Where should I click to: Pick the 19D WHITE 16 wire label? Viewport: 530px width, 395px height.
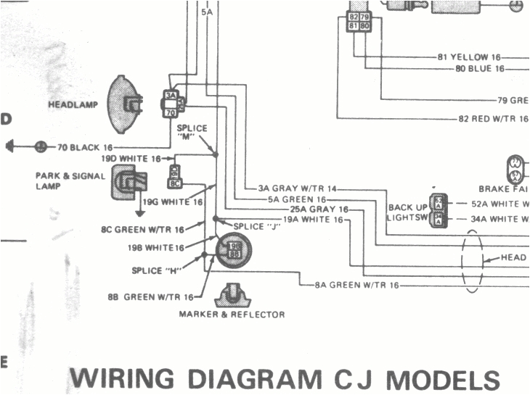tap(131, 158)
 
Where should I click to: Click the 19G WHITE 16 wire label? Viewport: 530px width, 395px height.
tap(172, 202)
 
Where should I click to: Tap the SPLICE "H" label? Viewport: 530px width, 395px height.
tap(156, 270)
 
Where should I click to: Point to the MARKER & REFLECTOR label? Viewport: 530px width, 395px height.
tap(232, 315)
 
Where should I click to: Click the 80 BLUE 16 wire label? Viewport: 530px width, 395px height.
tap(479, 69)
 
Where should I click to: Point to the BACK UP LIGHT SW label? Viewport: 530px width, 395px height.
tap(408, 212)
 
